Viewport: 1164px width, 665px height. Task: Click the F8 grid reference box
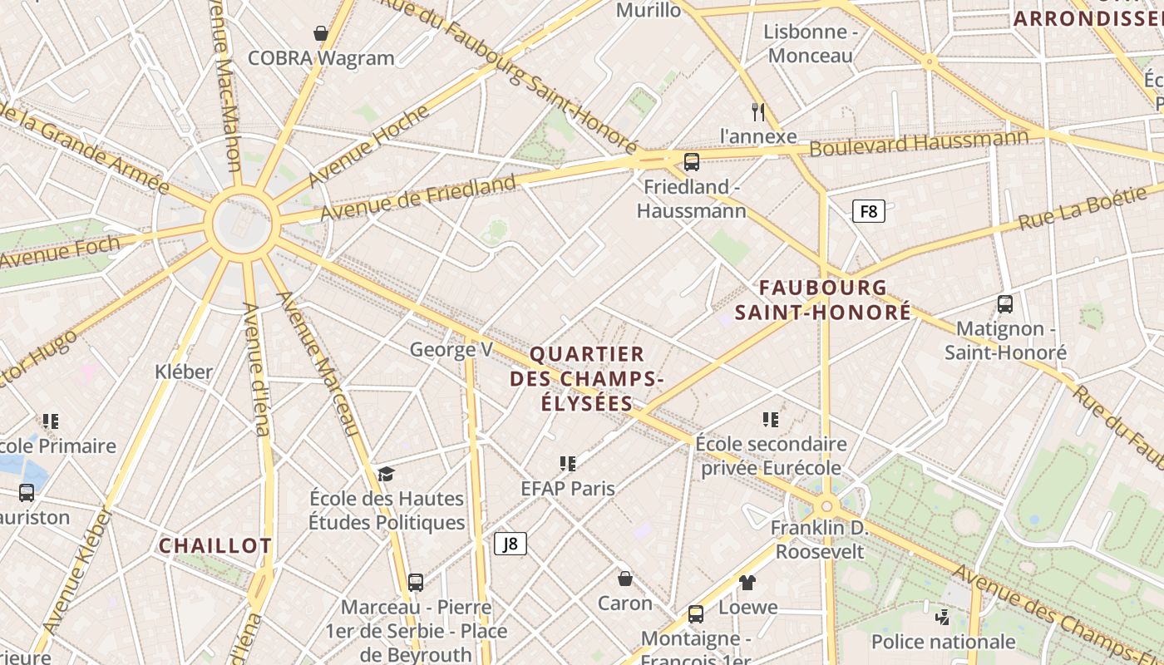click(869, 211)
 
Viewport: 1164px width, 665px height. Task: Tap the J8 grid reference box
click(510, 544)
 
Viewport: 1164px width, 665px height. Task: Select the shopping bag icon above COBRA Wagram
click(320, 33)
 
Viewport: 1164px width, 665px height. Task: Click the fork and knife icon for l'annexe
click(757, 111)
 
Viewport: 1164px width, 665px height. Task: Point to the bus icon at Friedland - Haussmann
click(692, 161)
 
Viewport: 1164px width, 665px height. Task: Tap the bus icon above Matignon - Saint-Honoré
click(1005, 304)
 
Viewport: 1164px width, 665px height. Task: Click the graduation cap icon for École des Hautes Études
click(386, 474)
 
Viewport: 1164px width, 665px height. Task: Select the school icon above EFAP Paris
click(568, 463)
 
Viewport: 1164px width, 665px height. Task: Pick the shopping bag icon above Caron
click(625, 578)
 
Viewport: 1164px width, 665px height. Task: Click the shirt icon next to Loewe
click(747, 583)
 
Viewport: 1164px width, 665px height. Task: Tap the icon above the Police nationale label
click(942, 617)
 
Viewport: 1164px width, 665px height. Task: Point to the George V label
click(451, 349)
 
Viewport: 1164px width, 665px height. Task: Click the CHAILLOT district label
click(215, 545)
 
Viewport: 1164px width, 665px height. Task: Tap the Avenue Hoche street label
click(368, 145)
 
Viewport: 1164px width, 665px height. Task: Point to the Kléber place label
click(184, 372)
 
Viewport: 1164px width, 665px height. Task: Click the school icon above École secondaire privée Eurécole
click(771, 419)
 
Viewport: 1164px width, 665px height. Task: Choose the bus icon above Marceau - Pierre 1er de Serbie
click(416, 582)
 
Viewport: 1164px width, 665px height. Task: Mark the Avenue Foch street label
click(60, 253)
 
